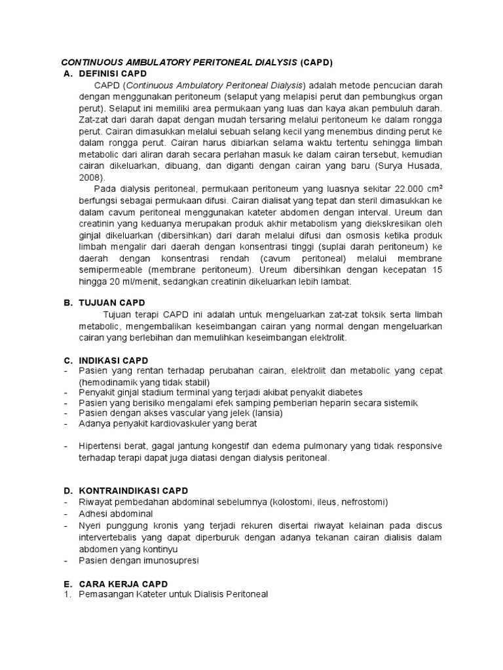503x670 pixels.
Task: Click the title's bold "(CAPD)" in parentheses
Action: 317,63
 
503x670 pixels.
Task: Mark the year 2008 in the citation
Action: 92,177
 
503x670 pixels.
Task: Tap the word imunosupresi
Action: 168,560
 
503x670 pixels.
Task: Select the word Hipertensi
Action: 101,446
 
